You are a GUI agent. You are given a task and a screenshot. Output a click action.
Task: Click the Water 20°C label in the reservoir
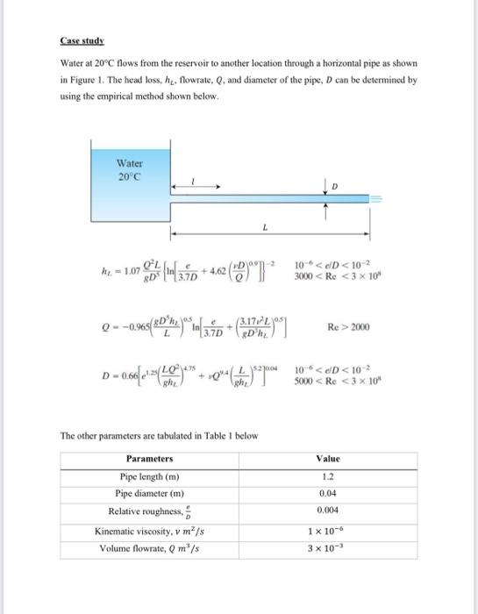tap(129, 168)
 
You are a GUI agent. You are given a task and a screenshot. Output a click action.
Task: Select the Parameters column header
tap(151, 458)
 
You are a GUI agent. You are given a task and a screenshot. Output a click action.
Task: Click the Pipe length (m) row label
tap(151, 475)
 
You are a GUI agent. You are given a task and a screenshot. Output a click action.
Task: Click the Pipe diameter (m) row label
tap(151, 493)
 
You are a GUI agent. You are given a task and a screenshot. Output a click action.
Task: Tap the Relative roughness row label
tap(149, 511)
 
